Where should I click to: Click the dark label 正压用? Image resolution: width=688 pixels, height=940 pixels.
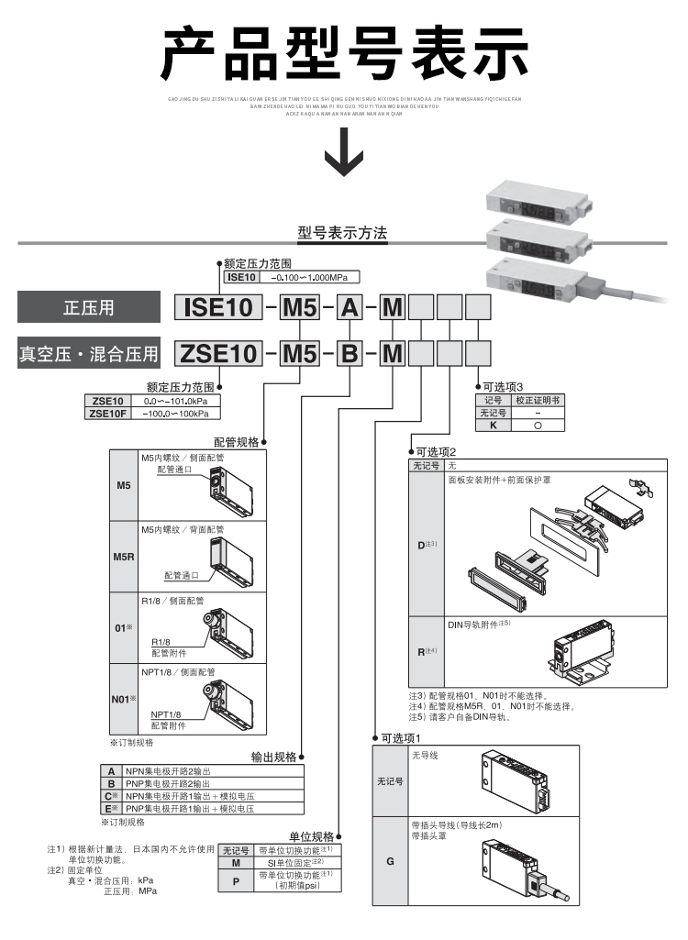pyautogui.click(x=88, y=307)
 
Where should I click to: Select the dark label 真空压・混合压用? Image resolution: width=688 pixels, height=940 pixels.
pyautogui.click(x=88, y=353)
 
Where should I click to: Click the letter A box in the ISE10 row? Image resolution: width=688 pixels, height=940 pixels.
pyautogui.click(x=350, y=307)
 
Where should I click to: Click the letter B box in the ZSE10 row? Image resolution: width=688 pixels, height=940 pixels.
pyautogui.click(x=350, y=353)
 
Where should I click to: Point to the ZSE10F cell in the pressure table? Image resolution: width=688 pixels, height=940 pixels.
pyautogui.click(x=107, y=414)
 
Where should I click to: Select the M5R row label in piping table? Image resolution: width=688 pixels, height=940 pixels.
pyautogui.click(x=124, y=557)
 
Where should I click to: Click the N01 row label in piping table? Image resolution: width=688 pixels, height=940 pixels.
pyautogui.click(x=124, y=699)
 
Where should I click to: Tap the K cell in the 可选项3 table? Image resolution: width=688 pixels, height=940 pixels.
pyautogui.click(x=493, y=426)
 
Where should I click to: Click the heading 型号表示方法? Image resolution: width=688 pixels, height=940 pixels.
pyautogui.click(x=342, y=234)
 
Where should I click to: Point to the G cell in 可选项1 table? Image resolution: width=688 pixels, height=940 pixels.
pyautogui.click(x=390, y=863)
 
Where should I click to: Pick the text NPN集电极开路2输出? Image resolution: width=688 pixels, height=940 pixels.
pyautogui.click(x=168, y=773)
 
